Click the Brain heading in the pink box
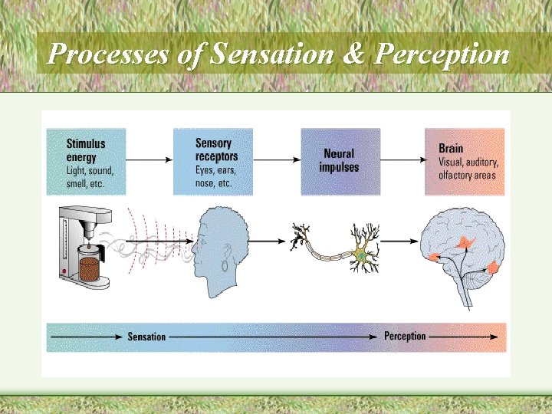point(451,148)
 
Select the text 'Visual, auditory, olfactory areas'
point(468,169)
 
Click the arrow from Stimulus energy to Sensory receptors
point(149,159)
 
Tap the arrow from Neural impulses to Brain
point(402,159)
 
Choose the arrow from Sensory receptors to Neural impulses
point(276,159)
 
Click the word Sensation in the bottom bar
point(146,337)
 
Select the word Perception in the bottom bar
point(405,337)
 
